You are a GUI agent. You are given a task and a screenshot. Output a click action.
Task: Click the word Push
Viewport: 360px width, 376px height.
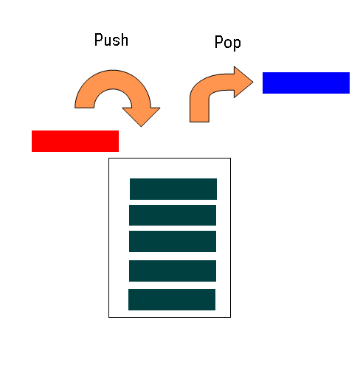pyautogui.click(x=111, y=40)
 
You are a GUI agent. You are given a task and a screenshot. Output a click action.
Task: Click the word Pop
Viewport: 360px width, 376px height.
pyautogui.click(x=228, y=42)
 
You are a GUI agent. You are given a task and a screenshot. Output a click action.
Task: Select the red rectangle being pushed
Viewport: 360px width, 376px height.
pyautogui.click(x=75, y=141)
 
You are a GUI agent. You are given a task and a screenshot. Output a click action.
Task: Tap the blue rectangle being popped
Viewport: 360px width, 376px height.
pyautogui.click(x=306, y=83)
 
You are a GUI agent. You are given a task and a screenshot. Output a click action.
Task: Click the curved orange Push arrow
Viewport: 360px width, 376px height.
pyautogui.click(x=113, y=79)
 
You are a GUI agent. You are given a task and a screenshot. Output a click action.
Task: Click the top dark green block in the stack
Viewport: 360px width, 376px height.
pyautogui.click(x=173, y=189)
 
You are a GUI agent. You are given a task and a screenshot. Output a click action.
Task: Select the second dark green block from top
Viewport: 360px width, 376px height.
pyautogui.click(x=173, y=215)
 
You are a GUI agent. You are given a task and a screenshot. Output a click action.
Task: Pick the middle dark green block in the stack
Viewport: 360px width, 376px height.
pyautogui.click(x=173, y=241)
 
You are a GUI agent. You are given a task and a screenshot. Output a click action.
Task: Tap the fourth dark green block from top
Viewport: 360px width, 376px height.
pyautogui.click(x=173, y=271)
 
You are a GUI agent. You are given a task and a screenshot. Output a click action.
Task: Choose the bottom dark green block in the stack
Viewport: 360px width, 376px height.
pyautogui.click(x=172, y=299)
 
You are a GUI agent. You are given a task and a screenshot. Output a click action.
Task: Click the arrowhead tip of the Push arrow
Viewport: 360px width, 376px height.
pyautogui.click(x=141, y=127)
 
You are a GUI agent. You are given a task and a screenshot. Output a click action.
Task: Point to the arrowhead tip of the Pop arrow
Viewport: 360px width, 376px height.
pyautogui.click(x=253, y=82)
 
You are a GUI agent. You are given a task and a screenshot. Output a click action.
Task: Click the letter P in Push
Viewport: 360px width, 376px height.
pyautogui.click(x=98, y=40)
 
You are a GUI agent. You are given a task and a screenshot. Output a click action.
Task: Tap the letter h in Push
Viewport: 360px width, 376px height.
pyautogui.click(x=125, y=40)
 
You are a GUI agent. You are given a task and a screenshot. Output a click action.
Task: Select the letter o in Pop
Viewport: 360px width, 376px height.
pyautogui.click(x=228, y=43)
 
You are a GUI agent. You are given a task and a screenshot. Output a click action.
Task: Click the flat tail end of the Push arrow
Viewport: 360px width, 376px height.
pyautogui.click(x=84, y=108)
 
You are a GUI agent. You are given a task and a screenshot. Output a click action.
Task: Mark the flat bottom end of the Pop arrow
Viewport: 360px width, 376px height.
pyautogui.click(x=199, y=122)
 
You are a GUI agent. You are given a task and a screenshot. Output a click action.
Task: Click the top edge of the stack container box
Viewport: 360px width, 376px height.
pyautogui.click(x=170, y=159)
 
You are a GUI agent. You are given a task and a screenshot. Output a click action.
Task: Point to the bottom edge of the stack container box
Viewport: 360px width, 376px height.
pyautogui.click(x=170, y=317)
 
